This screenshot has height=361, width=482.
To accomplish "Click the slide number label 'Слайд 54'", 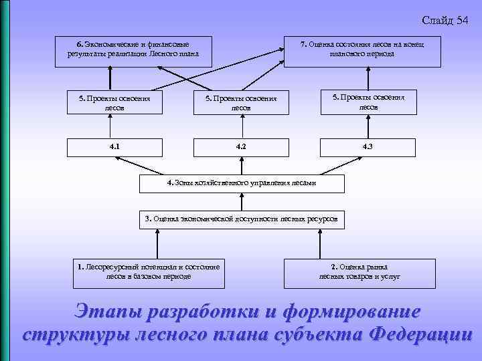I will [445, 21].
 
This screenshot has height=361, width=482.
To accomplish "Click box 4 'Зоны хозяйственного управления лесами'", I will [241, 183].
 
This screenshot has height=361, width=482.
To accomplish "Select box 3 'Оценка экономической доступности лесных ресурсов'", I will [241, 219].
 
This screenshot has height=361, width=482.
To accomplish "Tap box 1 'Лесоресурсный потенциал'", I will [148, 271].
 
